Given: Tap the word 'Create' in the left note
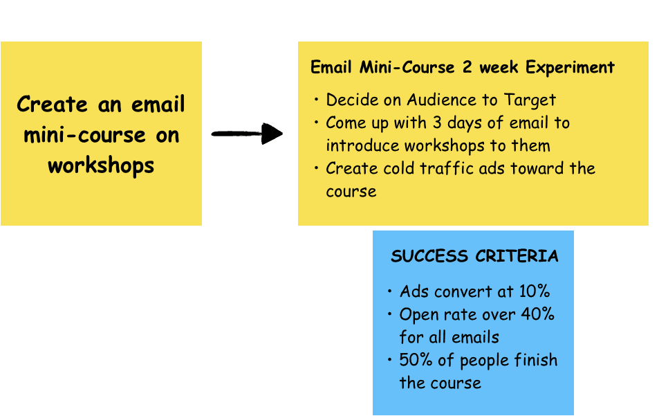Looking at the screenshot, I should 53,105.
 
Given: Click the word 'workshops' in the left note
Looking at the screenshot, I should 101,165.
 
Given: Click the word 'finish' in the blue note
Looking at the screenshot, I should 535,360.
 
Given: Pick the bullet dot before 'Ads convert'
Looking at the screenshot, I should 390,291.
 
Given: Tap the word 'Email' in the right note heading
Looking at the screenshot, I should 332,68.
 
